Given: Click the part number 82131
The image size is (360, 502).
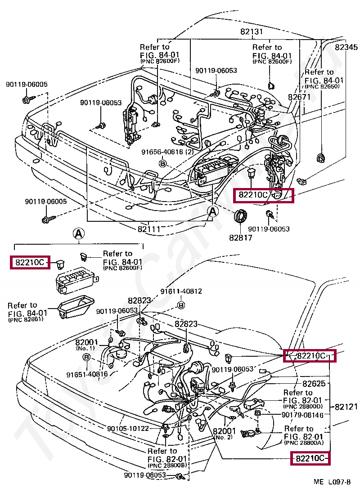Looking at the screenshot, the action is pos(252,31).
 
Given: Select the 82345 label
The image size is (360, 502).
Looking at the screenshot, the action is pos(346,47).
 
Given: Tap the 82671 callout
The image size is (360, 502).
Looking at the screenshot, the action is pos(299,97).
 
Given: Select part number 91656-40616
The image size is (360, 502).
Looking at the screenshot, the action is pos(164,152).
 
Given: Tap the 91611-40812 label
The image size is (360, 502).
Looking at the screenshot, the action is pos(181,291).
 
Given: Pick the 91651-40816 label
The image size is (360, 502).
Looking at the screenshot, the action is pos(87,374).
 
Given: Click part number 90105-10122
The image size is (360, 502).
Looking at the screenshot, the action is pos(128,428).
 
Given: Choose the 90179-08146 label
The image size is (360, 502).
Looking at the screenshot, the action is pos(302,415).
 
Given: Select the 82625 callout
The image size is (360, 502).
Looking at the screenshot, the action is pos(314,383).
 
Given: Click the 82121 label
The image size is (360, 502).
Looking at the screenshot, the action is pos(346,407).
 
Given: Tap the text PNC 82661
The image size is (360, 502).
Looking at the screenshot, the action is pos(26,319).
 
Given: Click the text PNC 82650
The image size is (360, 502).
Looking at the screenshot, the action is pos(322,86).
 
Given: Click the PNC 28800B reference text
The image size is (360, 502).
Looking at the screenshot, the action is pos(166,465).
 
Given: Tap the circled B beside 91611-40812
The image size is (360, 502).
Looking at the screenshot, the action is pos(181,305).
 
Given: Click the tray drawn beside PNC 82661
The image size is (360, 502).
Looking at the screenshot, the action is pos(76,307).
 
